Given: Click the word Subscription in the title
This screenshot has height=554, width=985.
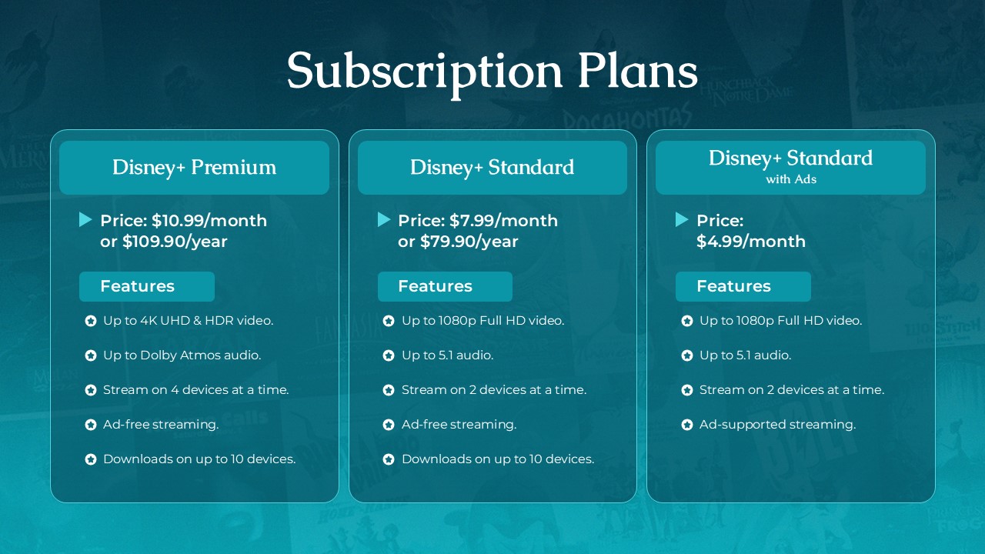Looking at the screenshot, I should (424, 71).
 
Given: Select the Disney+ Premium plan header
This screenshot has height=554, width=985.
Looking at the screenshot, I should (194, 167).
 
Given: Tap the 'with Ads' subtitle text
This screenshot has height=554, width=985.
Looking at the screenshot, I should (790, 179).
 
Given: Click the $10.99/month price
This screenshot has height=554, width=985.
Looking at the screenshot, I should (209, 221).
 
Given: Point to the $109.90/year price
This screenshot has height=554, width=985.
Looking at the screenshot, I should (175, 242).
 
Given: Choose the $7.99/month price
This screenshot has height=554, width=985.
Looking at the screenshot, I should (503, 221).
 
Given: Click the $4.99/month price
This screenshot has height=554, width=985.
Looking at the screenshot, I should (750, 242).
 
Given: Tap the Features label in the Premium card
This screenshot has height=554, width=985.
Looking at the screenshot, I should (138, 286).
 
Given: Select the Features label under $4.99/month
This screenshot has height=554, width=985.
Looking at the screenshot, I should (733, 286).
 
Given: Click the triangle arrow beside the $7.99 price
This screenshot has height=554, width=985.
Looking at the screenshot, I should (383, 220).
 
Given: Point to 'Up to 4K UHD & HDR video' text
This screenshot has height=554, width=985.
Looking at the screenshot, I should (188, 320).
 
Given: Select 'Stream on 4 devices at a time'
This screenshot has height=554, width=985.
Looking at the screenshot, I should (195, 389).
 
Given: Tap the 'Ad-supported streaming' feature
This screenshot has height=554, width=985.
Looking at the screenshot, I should (777, 424).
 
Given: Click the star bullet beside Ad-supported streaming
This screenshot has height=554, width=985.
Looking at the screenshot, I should (686, 425).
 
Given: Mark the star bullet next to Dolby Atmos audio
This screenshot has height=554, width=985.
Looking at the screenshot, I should (90, 355).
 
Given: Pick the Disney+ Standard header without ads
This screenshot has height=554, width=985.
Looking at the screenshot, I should (492, 167).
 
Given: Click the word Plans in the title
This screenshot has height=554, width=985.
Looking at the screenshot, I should (637, 71).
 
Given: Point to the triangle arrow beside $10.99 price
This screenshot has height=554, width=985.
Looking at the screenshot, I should (85, 220).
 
